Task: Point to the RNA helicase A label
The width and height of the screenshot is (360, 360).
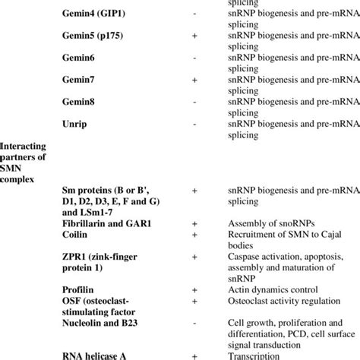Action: (97, 354)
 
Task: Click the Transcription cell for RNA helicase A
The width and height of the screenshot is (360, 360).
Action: (254, 354)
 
